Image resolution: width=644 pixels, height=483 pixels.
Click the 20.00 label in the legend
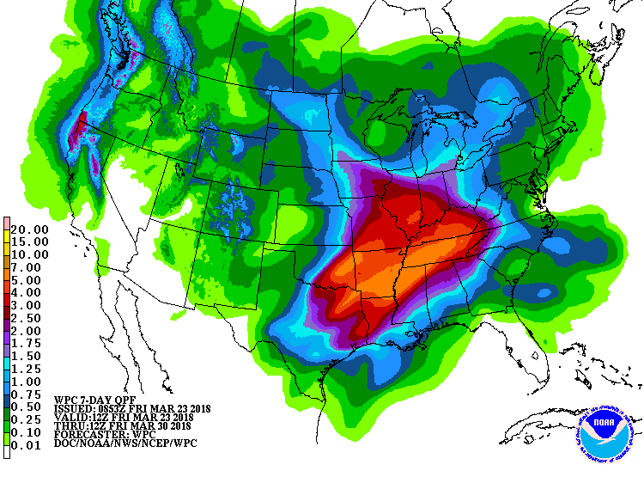(31, 229)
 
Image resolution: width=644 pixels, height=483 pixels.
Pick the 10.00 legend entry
(31, 254)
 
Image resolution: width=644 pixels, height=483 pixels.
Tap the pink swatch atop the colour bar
(7, 223)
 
